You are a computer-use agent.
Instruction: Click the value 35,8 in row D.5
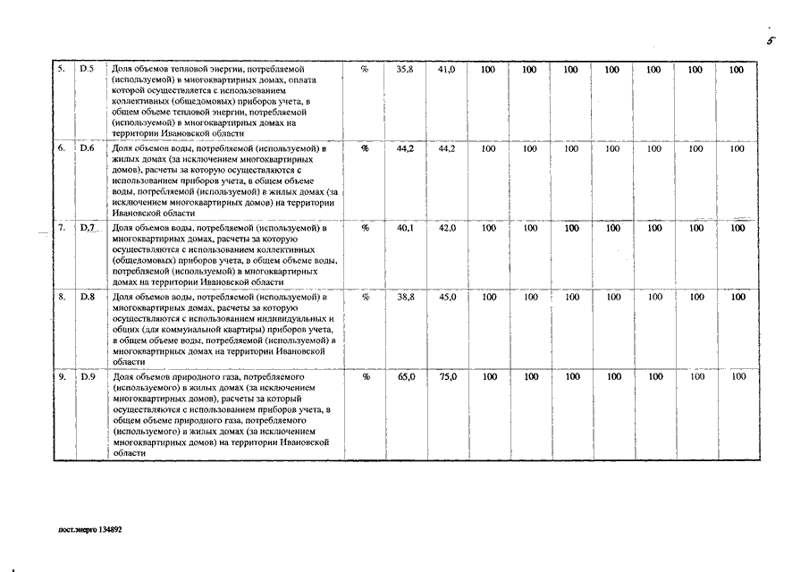tap(405, 70)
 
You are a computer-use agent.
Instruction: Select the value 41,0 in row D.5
tap(447, 70)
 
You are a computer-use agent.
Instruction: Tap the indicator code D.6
tap(87, 149)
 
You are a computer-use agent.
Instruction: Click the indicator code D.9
tap(87, 377)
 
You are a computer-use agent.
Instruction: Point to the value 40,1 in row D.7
tap(405, 229)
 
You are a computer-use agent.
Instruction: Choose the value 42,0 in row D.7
tap(447, 229)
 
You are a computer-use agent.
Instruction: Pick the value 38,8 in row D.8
tap(405, 296)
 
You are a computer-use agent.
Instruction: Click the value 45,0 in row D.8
tap(447, 296)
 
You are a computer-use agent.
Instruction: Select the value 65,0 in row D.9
tap(405, 377)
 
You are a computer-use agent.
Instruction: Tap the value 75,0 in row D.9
tap(447, 377)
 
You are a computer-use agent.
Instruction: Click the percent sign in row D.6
tap(365, 149)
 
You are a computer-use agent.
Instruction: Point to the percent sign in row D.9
tap(365, 377)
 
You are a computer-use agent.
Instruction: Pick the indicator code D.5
tap(87, 70)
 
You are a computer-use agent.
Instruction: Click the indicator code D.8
tap(87, 296)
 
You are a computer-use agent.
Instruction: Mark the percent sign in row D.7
tap(365, 229)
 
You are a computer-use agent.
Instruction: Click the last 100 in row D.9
tap(738, 377)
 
